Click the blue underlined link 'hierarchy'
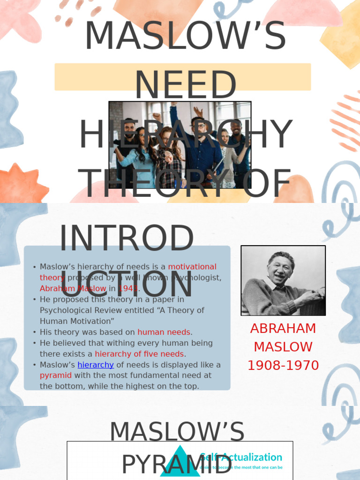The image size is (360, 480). pos(96,365)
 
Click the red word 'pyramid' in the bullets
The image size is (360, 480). pos(56,375)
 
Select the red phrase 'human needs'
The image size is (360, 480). pos(164,332)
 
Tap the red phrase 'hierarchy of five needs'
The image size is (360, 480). pos(140,354)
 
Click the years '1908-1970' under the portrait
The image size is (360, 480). pos(283,366)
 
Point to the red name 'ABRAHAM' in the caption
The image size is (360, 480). pos(283,329)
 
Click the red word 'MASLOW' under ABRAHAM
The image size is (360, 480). pos(283,347)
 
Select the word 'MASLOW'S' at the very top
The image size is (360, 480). pos(185,36)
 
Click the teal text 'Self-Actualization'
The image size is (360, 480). pos(241,457)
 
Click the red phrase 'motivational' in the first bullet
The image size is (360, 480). pos(192,267)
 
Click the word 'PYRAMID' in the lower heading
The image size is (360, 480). pos(177,464)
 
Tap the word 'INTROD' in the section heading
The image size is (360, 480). pos(127,239)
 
